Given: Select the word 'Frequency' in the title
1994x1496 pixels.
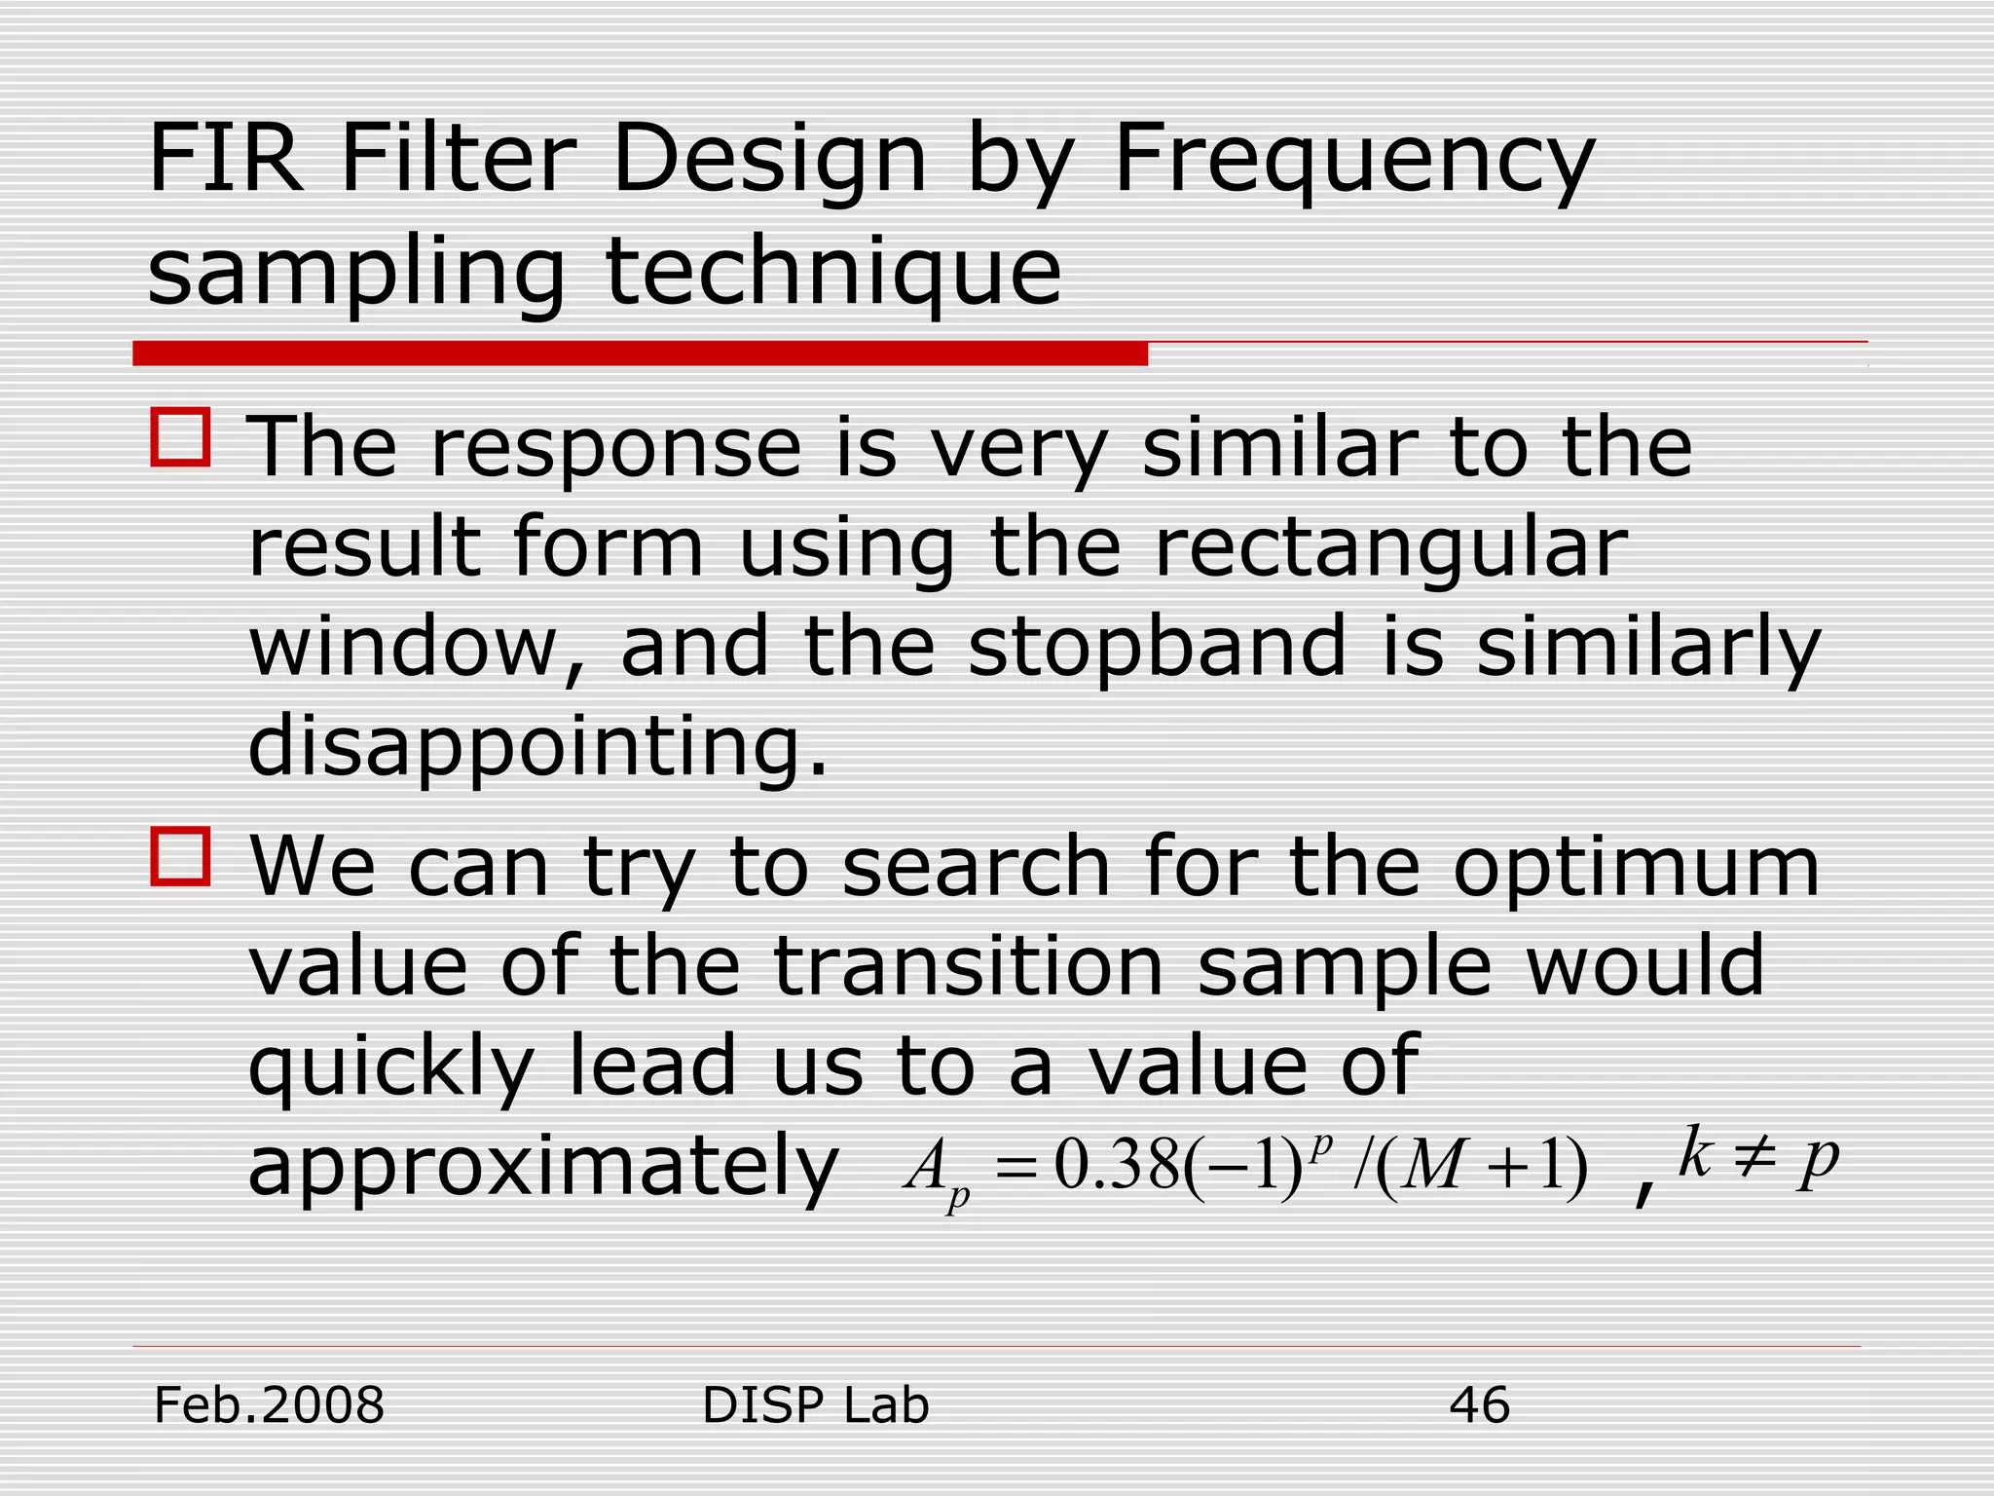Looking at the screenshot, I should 1353,161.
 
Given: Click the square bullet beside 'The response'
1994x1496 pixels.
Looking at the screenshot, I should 181,438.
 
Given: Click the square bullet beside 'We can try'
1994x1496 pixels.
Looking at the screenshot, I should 181,857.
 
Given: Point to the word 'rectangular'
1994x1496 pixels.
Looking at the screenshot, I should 1390,547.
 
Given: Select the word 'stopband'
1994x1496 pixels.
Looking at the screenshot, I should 1157,647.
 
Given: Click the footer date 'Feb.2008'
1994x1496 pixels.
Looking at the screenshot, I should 270,1405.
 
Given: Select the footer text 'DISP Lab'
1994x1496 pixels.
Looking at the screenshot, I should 815,1405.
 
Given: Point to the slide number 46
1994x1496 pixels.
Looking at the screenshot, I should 1479,1405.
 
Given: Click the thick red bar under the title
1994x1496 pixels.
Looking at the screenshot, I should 640,354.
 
